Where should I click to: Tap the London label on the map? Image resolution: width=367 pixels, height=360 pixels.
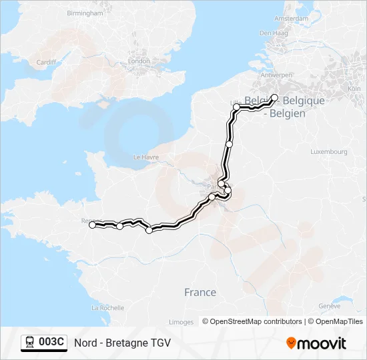139,61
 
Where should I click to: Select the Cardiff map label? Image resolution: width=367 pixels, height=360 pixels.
46,63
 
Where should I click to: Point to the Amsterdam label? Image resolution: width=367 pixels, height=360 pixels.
282,19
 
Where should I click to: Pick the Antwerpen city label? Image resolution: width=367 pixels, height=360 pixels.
276,75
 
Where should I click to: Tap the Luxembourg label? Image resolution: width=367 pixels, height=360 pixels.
329,152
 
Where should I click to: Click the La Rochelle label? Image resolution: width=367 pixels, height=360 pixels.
107,308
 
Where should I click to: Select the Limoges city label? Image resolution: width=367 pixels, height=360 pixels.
181,322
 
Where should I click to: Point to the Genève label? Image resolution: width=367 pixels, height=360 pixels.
330,306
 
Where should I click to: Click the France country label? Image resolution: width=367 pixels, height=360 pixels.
200,292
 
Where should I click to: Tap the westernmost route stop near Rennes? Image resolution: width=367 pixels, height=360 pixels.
93,225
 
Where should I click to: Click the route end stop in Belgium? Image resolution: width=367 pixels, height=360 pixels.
274,97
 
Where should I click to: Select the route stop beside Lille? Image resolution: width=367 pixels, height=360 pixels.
236,107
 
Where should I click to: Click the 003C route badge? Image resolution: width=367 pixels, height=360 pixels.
44,343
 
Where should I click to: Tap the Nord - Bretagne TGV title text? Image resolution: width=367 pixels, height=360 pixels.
122,343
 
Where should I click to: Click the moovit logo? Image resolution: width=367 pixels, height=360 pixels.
316,343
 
